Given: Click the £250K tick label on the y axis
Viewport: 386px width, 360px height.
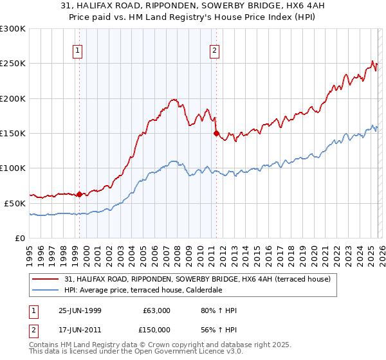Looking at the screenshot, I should [13, 64].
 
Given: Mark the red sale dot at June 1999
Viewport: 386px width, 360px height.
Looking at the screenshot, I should [80, 194].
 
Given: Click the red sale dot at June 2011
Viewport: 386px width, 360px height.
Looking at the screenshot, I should [216, 134].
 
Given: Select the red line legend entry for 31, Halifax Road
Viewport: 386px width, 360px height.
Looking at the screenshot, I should [197, 279].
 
